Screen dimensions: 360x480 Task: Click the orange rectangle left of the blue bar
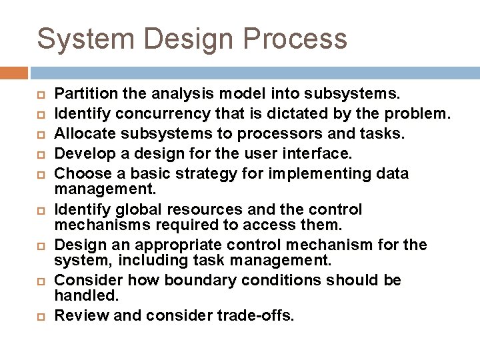pyautogui.click(x=13, y=73)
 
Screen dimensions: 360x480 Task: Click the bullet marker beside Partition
pyautogui.click(x=39, y=94)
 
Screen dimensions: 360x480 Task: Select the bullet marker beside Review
pyautogui.click(x=39, y=316)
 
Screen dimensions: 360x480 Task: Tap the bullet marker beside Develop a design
pyautogui.click(x=39, y=154)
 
